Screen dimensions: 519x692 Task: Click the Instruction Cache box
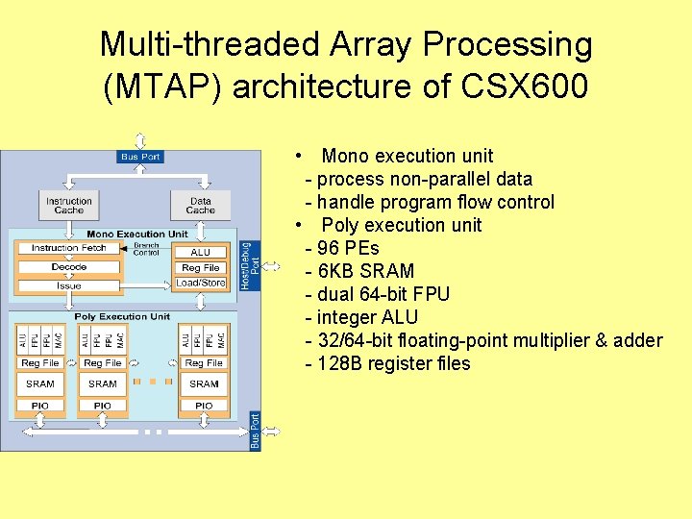click(x=68, y=205)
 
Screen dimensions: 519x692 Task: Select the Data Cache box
click(x=200, y=205)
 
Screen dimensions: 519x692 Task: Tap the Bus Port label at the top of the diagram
click(x=140, y=157)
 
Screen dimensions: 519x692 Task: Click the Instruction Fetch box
click(x=68, y=248)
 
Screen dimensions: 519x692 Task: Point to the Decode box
click(x=68, y=266)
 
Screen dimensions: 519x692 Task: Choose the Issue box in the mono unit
click(x=68, y=285)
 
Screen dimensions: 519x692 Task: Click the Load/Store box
click(x=200, y=283)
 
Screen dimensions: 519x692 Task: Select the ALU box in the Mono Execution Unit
click(x=200, y=252)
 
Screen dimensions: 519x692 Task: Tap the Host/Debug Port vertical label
click(x=249, y=266)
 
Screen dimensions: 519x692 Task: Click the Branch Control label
click(x=146, y=249)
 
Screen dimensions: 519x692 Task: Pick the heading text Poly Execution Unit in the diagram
click(x=122, y=316)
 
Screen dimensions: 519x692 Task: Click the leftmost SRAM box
click(x=40, y=383)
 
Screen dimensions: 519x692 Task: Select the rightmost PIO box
click(x=204, y=406)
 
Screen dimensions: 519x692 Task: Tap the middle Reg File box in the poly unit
click(x=103, y=362)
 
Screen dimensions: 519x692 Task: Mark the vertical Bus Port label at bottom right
click(x=255, y=430)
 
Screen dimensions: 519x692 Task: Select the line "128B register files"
click(x=394, y=363)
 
